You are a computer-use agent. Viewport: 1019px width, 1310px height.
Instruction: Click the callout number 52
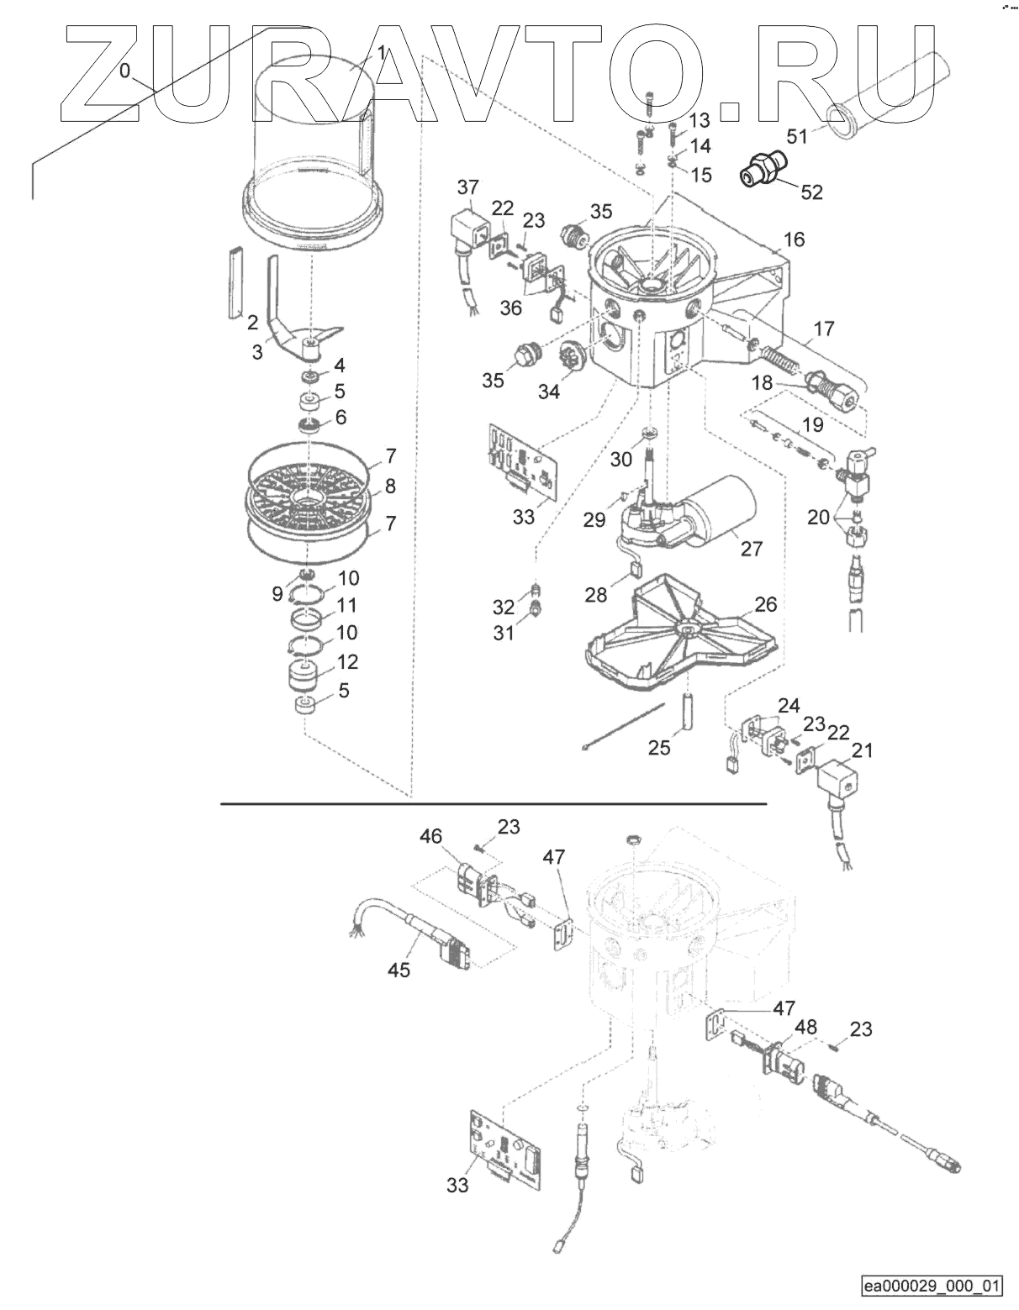click(811, 192)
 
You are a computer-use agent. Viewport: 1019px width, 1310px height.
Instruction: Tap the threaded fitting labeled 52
click(762, 166)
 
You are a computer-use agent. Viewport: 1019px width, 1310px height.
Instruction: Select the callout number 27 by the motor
click(751, 548)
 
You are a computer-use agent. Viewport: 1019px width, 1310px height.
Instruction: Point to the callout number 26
click(766, 604)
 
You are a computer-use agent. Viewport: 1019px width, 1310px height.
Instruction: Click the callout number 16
click(794, 239)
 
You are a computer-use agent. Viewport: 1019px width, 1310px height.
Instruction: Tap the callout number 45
click(399, 970)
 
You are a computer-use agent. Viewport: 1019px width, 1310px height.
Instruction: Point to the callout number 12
click(347, 661)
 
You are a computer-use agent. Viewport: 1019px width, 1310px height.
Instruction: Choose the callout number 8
click(389, 486)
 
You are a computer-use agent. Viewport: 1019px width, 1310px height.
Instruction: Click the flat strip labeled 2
click(232, 284)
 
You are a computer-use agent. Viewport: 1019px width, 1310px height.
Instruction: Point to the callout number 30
click(621, 459)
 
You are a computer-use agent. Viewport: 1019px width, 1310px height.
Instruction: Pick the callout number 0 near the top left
click(125, 71)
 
